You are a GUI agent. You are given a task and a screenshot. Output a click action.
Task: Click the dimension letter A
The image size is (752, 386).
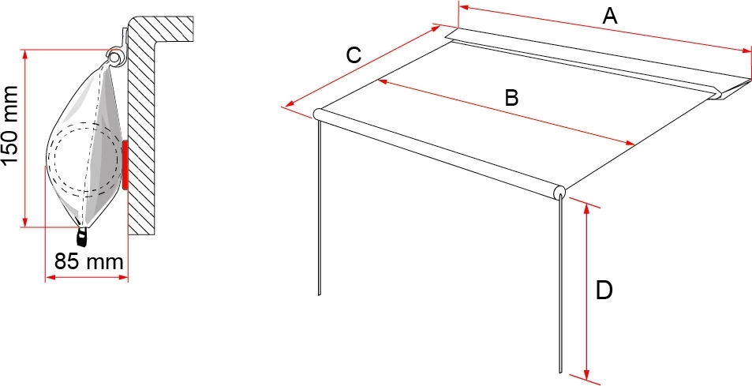609,17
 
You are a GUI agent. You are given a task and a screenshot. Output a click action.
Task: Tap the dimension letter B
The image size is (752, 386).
511,98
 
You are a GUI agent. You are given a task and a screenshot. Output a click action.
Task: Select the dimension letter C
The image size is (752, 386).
354,55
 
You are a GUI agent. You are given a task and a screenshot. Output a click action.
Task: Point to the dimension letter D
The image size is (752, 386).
604,290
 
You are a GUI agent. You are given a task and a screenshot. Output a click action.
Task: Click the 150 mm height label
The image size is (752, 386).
10,126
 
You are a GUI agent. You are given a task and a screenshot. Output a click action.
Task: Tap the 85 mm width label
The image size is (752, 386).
88,262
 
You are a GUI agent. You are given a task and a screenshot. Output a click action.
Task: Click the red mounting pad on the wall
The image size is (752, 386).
125,164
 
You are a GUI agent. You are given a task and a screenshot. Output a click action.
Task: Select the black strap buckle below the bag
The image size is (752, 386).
83,237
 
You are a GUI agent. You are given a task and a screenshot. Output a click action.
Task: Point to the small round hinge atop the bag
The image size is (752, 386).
114,57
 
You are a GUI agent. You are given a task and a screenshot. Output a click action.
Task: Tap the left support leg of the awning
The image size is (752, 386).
319,206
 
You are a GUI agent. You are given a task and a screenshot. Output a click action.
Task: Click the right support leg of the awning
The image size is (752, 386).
560,284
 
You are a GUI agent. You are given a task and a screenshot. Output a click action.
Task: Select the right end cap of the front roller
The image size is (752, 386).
559,193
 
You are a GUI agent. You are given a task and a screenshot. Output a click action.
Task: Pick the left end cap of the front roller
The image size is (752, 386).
318,114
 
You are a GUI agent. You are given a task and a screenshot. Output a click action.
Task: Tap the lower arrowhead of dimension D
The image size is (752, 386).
586,373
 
